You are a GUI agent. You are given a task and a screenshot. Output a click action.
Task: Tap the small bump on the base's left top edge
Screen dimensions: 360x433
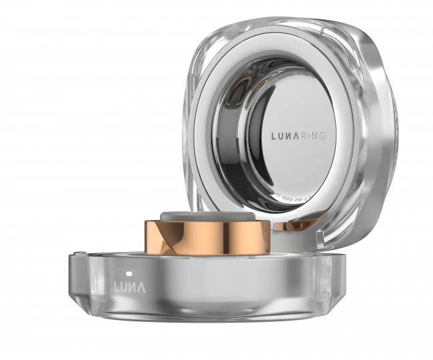(79, 254)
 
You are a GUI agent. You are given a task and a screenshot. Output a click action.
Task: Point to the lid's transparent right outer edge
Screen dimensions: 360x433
(376, 133)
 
